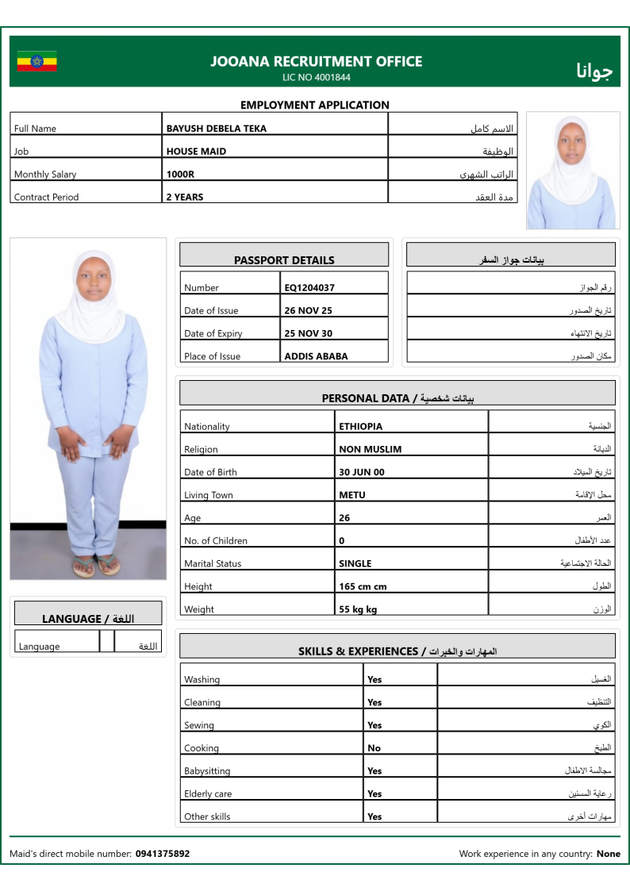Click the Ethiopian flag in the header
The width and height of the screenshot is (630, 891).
coord(36,61)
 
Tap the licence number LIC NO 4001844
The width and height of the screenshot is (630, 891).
coord(316,78)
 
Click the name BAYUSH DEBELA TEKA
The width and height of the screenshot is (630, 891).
coord(216,129)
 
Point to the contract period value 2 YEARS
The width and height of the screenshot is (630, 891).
coord(184,198)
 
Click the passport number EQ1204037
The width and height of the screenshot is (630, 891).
coord(309,288)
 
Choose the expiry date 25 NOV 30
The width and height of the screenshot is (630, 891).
coord(308,334)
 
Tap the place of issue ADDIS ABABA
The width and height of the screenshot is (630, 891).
coord(316,357)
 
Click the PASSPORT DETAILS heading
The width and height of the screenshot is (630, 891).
coord(284,260)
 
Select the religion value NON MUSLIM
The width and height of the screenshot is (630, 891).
coord(370,450)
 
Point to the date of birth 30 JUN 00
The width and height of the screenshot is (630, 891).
coord(361,473)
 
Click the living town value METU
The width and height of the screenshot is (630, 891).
coord(352,496)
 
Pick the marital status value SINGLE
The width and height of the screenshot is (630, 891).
coord(355,564)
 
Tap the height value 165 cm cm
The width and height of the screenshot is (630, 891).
coord(363,587)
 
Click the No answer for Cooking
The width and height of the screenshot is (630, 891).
coord(374,748)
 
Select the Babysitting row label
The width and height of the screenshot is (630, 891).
coord(207,771)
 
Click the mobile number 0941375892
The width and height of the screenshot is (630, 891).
coord(163,855)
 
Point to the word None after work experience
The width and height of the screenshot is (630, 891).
coord(609,855)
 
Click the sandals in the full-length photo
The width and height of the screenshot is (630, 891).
coord(96,565)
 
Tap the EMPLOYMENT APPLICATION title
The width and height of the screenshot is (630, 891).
coord(315,105)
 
